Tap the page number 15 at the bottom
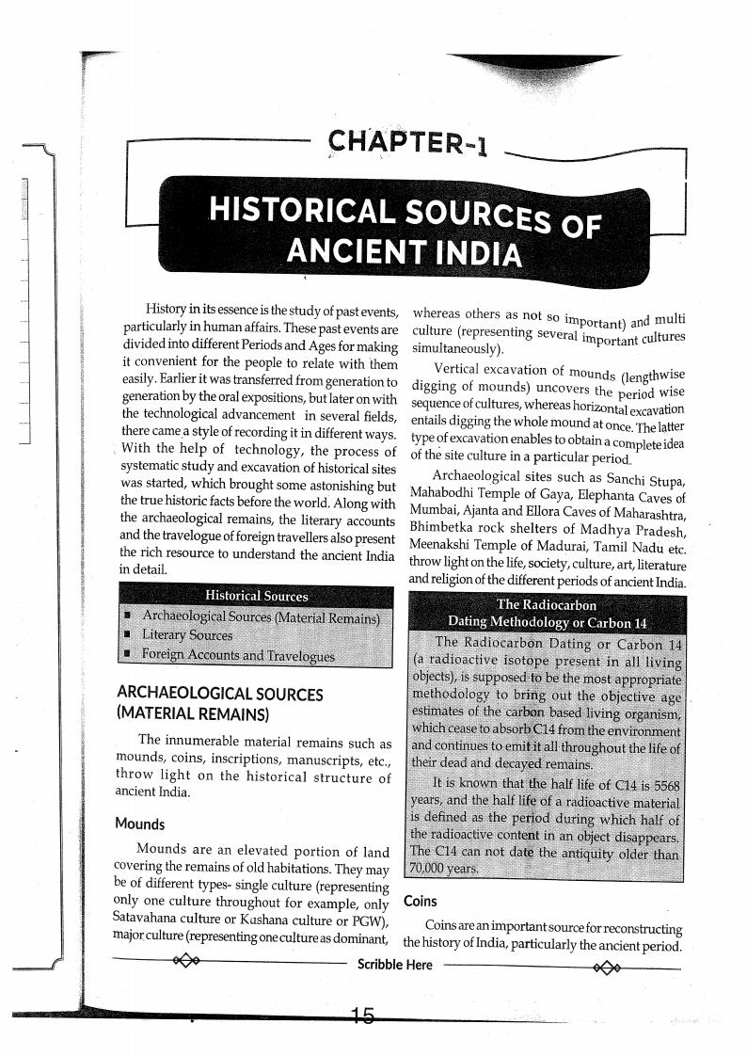tap(362, 1016)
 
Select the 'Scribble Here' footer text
tap(395, 965)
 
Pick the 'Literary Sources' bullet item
tap(186, 635)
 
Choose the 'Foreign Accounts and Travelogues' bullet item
tap(237, 655)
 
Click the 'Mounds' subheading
tap(139, 824)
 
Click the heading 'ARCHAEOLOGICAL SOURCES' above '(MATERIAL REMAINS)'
tap(219, 694)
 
